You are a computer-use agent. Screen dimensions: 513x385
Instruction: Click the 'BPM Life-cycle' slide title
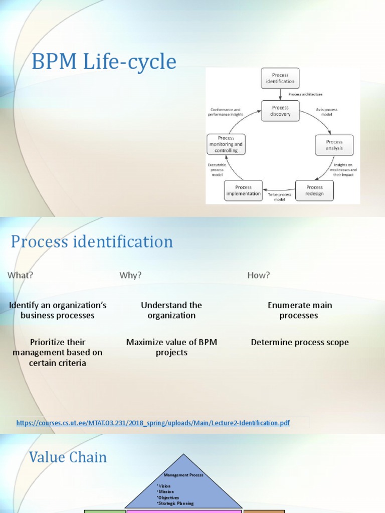click(104, 62)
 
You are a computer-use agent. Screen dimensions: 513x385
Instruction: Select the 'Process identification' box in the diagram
click(280, 78)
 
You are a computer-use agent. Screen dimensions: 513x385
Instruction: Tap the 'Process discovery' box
click(280, 111)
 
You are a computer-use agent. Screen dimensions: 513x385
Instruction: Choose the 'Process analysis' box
click(334, 145)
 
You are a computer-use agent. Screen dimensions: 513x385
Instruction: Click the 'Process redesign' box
click(314, 190)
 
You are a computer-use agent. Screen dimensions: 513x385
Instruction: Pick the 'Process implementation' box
click(243, 190)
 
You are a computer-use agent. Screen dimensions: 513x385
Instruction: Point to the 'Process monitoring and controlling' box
click(226, 144)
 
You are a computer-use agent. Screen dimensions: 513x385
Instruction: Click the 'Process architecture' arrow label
click(305, 94)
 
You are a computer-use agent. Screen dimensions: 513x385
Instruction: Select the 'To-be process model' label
click(279, 196)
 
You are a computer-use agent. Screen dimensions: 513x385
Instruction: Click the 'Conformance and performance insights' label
click(225, 112)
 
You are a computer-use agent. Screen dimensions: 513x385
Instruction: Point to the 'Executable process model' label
click(217, 170)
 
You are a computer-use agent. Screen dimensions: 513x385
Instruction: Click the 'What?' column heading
click(20, 275)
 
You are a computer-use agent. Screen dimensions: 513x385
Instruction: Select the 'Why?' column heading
click(130, 275)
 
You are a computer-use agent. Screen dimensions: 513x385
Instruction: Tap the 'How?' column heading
click(259, 275)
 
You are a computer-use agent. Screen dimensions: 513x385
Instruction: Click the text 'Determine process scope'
click(300, 343)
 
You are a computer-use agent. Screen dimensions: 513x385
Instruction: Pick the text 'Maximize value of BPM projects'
click(171, 347)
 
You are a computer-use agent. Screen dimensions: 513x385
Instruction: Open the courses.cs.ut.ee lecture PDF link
click(153, 423)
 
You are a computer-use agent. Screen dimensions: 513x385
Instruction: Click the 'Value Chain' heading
click(68, 457)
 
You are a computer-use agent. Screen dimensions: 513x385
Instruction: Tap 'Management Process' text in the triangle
click(183, 475)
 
